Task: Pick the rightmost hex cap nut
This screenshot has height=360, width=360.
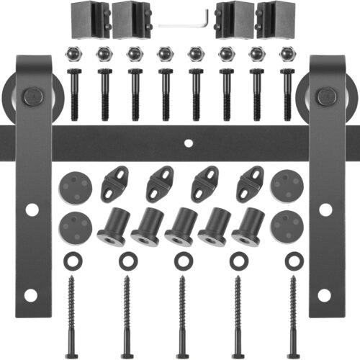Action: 288,55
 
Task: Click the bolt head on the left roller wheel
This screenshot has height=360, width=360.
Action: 31,96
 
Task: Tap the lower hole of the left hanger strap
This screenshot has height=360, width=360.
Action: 30,295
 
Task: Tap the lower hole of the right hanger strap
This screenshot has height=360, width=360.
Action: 325,295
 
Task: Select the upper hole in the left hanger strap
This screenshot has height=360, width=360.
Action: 32,210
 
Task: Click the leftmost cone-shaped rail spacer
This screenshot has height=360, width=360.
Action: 114,226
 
